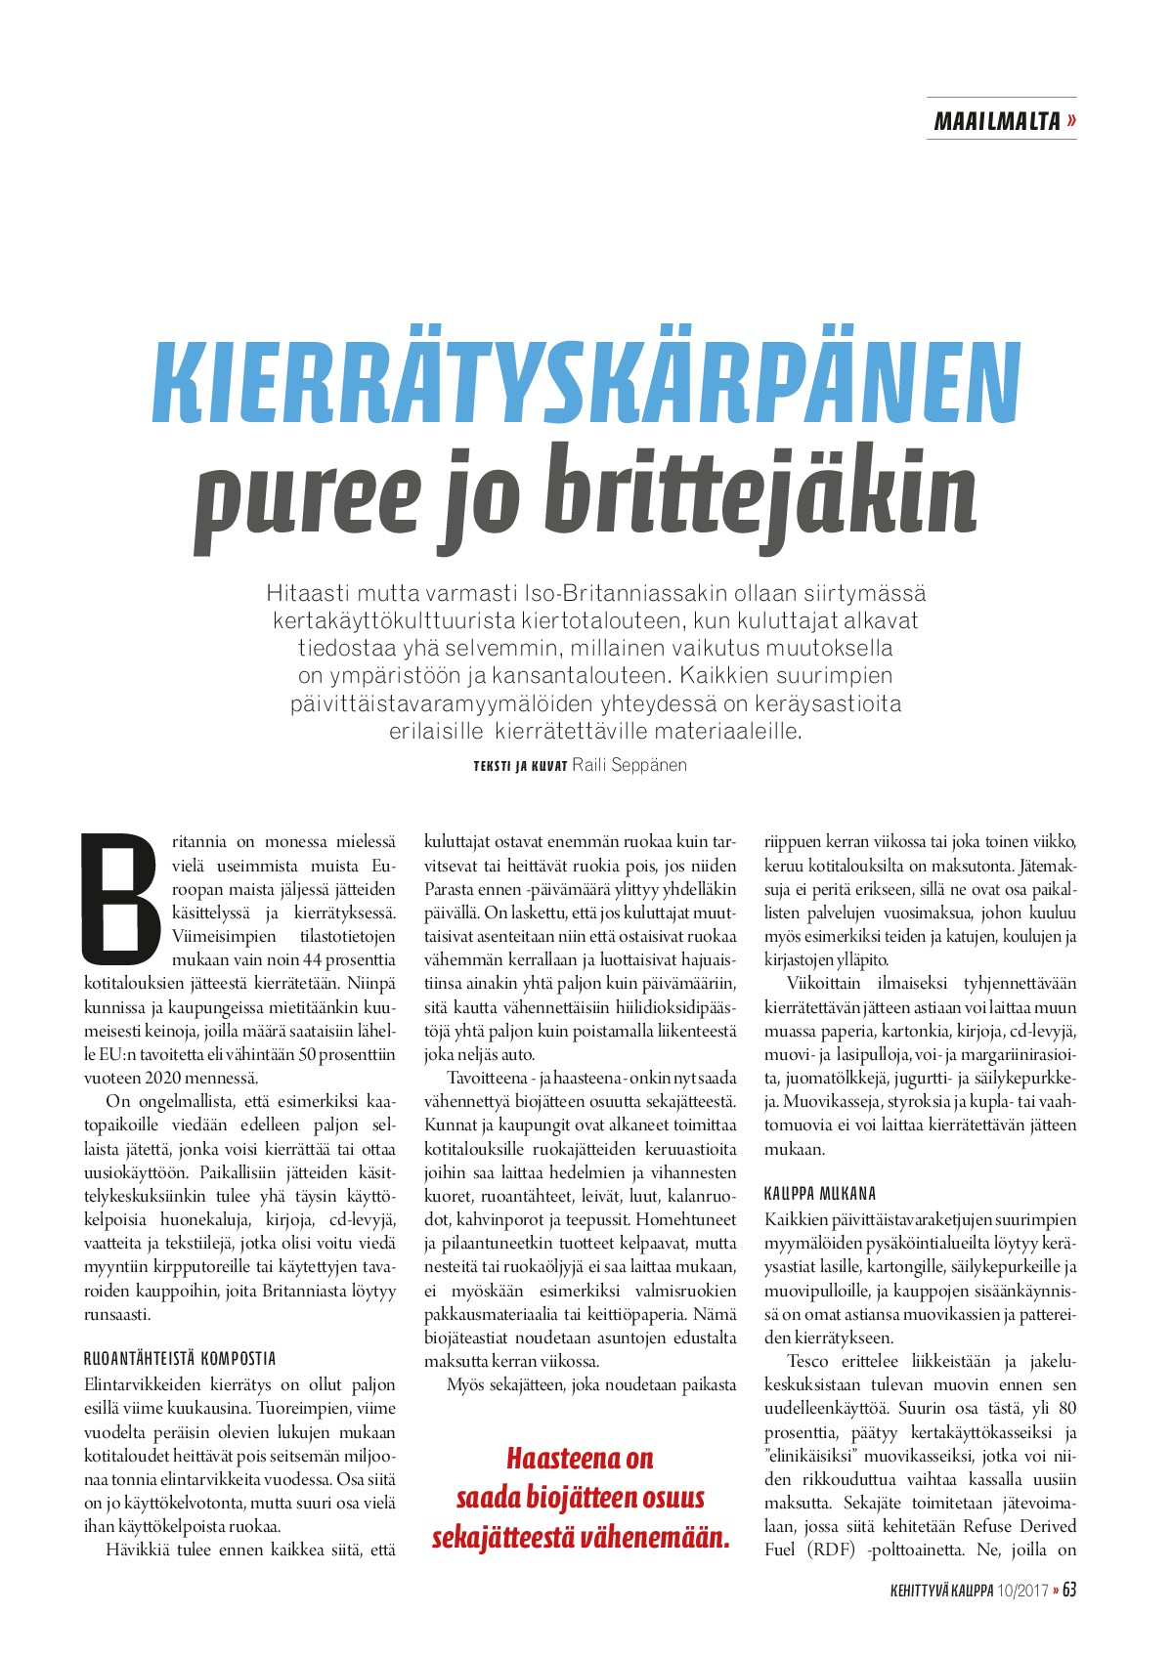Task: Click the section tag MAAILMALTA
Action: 996,121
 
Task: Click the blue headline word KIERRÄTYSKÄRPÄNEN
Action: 586,382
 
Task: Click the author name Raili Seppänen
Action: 629,765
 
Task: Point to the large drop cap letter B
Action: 119,896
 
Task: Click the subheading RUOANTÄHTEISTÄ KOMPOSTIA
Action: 180,1358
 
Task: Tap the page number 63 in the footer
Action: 1068,1590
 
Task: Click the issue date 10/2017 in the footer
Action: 1023,1591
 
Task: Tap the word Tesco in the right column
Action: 807,1361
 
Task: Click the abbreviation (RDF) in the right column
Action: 833,1550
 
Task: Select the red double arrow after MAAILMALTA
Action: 1071,121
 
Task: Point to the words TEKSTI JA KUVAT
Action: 520,766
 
